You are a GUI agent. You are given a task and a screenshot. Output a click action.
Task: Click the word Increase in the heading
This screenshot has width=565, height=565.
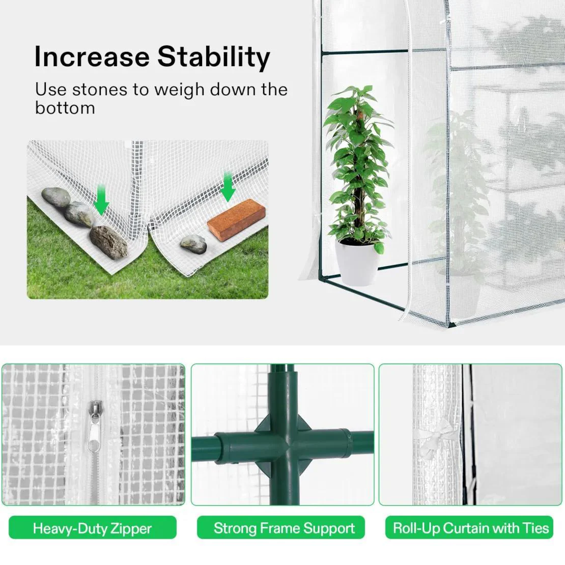coord(92,56)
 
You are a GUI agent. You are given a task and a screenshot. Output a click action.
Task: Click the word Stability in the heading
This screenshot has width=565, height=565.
coord(214,58)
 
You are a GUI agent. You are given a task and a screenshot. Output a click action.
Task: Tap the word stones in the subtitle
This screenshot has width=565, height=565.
coord(100,90)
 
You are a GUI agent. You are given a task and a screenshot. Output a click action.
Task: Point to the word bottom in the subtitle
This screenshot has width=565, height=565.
coord(65,107)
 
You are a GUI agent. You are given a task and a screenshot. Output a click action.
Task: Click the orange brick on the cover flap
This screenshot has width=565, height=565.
coord(236,220)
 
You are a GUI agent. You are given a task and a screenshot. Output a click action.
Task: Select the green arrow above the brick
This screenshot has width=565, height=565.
coord(228,187)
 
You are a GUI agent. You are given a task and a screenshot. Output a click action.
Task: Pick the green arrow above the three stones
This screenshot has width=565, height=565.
coord(101,200)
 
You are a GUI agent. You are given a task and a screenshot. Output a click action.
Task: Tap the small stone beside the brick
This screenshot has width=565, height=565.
coord(193,244)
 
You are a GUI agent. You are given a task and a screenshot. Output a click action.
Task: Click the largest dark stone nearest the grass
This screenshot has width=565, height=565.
coord(108,242)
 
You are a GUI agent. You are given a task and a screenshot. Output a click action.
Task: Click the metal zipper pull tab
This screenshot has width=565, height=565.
coord(94,427)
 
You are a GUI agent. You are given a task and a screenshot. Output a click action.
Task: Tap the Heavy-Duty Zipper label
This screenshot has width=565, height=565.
coord(93,528)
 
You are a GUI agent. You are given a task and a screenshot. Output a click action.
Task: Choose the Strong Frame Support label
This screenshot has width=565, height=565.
coord(280,528)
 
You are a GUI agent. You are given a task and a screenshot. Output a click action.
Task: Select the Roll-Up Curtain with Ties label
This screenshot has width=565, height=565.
coord(469,528)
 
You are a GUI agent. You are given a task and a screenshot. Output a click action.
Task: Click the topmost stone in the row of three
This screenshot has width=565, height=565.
coord(56,197)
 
